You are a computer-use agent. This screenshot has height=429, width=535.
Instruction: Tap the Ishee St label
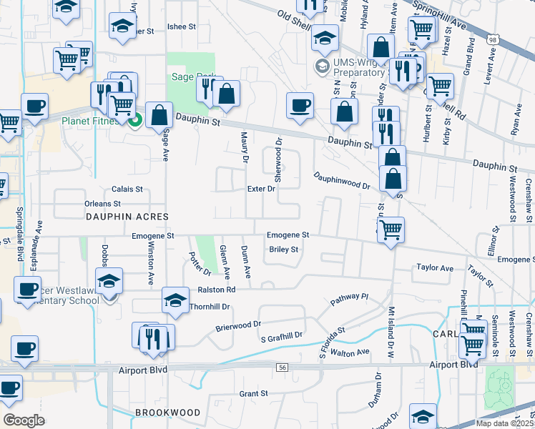181,27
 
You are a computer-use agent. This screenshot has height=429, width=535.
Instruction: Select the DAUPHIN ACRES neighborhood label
127,216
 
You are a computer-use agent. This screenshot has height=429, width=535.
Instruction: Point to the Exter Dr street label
261,189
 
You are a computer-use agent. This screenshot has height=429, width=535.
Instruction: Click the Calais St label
127,189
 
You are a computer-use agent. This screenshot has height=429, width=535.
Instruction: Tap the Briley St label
283,250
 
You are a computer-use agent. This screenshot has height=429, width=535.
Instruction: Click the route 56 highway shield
283,367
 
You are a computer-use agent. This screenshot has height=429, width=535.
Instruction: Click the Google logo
24,420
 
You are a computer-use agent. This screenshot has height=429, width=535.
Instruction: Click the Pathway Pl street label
348,300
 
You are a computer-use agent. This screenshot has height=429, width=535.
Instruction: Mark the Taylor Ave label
435,268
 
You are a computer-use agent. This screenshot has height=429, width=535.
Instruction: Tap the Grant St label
253,393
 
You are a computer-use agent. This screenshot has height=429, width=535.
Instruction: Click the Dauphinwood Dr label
340,180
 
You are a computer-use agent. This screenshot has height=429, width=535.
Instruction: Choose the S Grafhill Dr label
282,335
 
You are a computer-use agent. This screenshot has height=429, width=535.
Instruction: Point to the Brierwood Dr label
238,327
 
